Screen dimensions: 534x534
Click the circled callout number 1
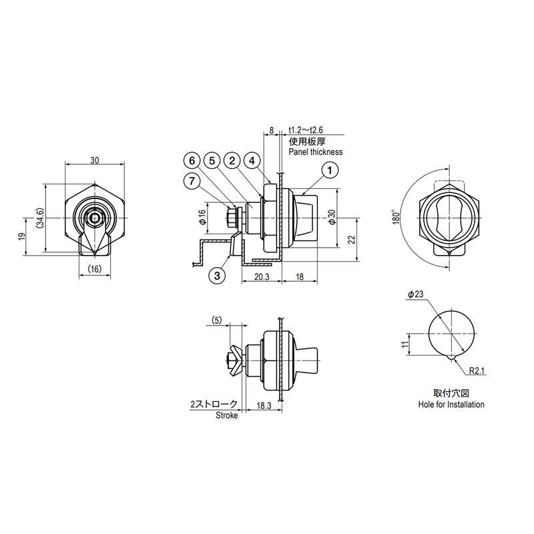(329, 170)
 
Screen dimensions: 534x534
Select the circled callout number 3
(218, 275)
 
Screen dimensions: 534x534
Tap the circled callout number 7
(192, 181)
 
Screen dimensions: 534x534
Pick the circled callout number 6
(192, 160)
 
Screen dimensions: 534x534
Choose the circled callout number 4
(252, 160)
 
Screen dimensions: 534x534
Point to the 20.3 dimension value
(262, 277)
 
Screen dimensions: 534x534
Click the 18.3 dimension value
(264, 406)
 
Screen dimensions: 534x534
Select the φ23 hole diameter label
(415, 294)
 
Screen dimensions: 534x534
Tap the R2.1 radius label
(477, 370)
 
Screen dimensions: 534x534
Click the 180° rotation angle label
(396, 216)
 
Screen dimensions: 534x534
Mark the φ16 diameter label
(203, 216)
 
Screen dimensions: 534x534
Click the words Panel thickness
(315, 152)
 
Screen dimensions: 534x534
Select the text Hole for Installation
(451, 405)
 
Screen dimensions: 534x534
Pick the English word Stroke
(226, 415)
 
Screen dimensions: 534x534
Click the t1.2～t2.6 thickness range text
(306, 130)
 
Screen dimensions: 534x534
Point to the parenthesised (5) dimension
(216, 320)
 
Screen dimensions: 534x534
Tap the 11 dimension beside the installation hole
(405, 344)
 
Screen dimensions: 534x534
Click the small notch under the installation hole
(451, 357)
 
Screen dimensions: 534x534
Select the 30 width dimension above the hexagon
(95, 160)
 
